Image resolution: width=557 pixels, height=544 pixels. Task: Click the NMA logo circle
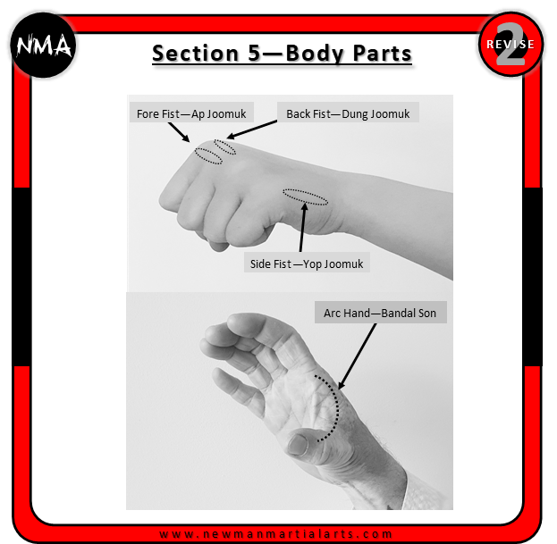click(x=43, y=45)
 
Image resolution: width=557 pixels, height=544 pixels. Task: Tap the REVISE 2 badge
click(x=511, y=44)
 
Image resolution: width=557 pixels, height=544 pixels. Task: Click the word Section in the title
click(x=196, y=54)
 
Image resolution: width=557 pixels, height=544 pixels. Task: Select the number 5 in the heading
click(x=254, y=54)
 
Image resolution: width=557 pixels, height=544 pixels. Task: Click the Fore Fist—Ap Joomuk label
click(x=191, y=113)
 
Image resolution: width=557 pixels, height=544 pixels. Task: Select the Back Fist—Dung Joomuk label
click(x=348, y=113)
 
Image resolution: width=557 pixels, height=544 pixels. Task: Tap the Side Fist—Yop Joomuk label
click(x=307, y=264)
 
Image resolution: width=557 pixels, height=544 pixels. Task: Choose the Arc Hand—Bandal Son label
click(x=380, y=313)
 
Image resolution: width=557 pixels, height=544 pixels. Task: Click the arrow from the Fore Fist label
click(x=179, y=132)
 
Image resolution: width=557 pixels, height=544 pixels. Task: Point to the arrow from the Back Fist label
click(x=251, y=130)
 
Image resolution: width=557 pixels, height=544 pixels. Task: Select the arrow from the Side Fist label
click(x=302, y=228)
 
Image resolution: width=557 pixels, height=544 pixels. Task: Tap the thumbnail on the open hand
click(x=298, y=444)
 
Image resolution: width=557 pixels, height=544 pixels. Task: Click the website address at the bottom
click(x=276, y=533)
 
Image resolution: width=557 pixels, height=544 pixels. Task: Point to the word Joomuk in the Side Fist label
click(x=343, y=264)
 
